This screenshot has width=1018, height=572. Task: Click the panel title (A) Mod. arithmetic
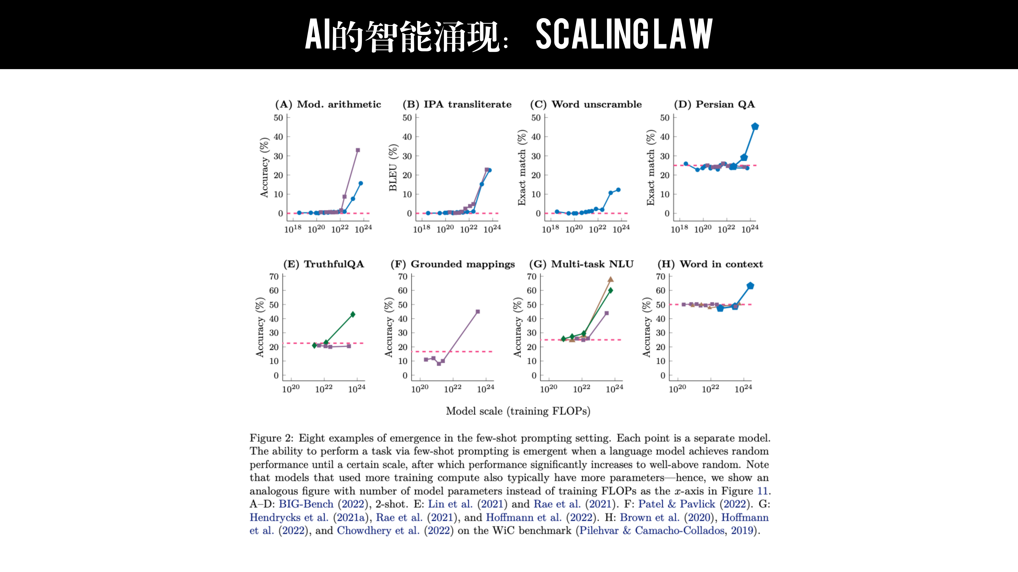tap(328, 104)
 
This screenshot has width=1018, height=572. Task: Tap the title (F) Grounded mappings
tap(453, 264)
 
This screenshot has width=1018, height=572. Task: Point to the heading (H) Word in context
tap(710, 264)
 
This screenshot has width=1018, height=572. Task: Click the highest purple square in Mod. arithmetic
tap(358, 150)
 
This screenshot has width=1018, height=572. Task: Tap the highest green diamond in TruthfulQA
tap(353, 314)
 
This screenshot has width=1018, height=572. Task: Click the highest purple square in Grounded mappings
tap(478, 311)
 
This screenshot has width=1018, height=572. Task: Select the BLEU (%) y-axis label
tap(393, 167)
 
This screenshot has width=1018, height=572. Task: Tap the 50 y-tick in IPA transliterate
tap(407, 118)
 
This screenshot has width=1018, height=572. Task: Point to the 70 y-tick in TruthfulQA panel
tap(274, 277)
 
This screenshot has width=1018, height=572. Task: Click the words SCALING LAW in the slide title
tap(624, 34)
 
